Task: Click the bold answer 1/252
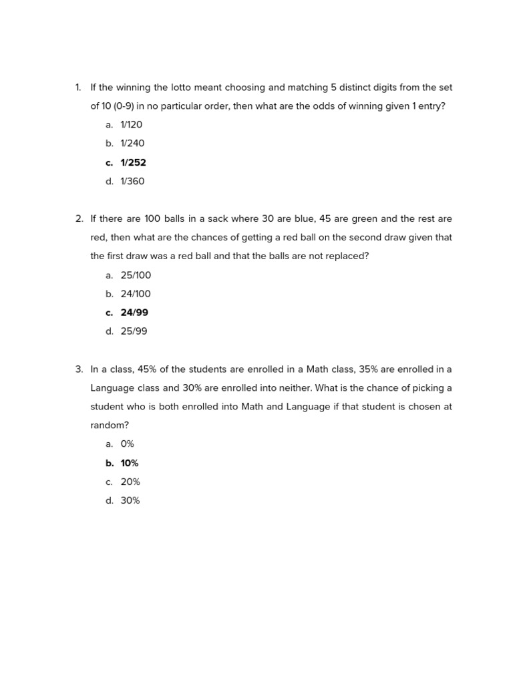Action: (x=133, y=162)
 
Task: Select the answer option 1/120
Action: (x=132, y=124)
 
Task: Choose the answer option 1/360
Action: (x=132, y=181)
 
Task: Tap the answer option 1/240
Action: (x=132, y=143)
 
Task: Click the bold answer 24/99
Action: (x=134, y=313)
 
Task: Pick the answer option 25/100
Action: (x=136, y=275)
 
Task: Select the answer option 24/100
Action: (x=136, y=294)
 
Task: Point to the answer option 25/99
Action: (x=134, y=331)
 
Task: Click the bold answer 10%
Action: (x=130, y=463)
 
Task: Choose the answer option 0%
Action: (x=128, y=444)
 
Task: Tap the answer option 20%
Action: (x=130, y=482)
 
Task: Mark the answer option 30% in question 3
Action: (x=130, y=500)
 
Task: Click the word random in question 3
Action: (x=110, y=425)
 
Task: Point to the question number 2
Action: (x=79, y=218)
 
